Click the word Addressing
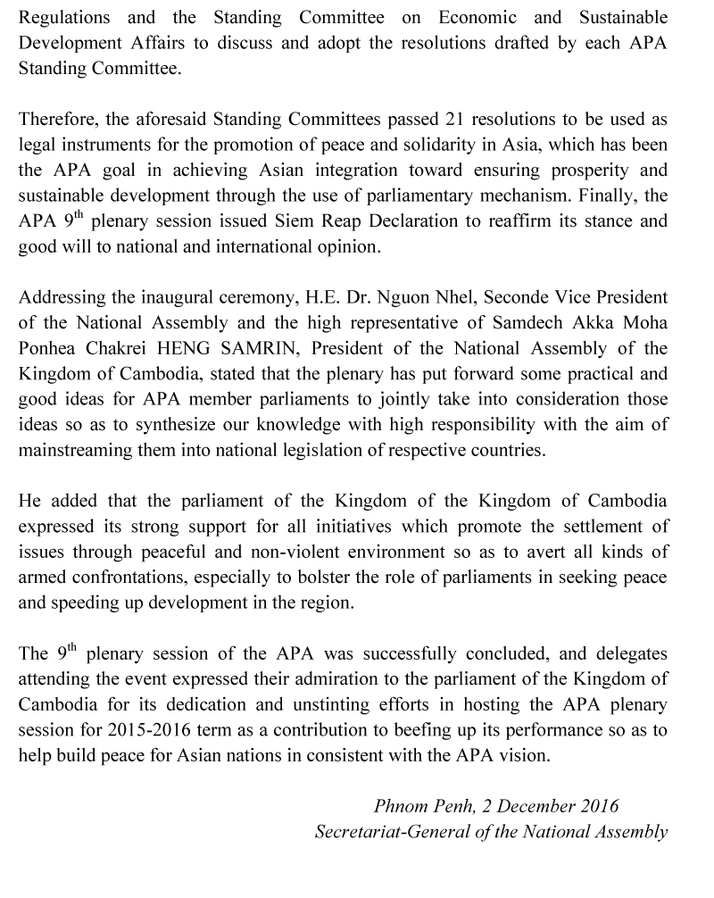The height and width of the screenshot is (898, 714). [62, 297]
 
